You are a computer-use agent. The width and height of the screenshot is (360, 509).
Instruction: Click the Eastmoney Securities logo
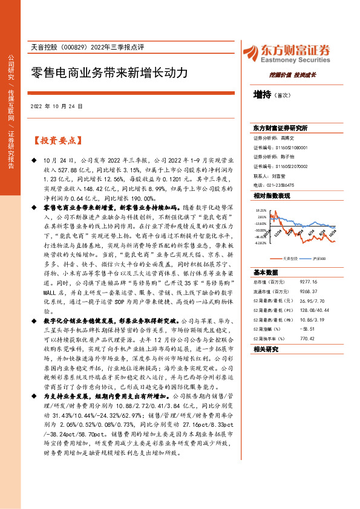(x=286, y=53)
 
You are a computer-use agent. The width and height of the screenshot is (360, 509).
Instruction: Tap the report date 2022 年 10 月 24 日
(x=59, y=106)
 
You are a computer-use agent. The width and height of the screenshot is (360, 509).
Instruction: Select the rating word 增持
(x=261, y=95)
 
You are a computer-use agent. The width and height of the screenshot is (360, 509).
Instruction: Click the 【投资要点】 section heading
(x=56, y=140)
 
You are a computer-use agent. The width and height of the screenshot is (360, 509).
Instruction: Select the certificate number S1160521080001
(x=292, y=147)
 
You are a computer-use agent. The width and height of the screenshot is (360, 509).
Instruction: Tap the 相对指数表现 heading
(x=272, y=196)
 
